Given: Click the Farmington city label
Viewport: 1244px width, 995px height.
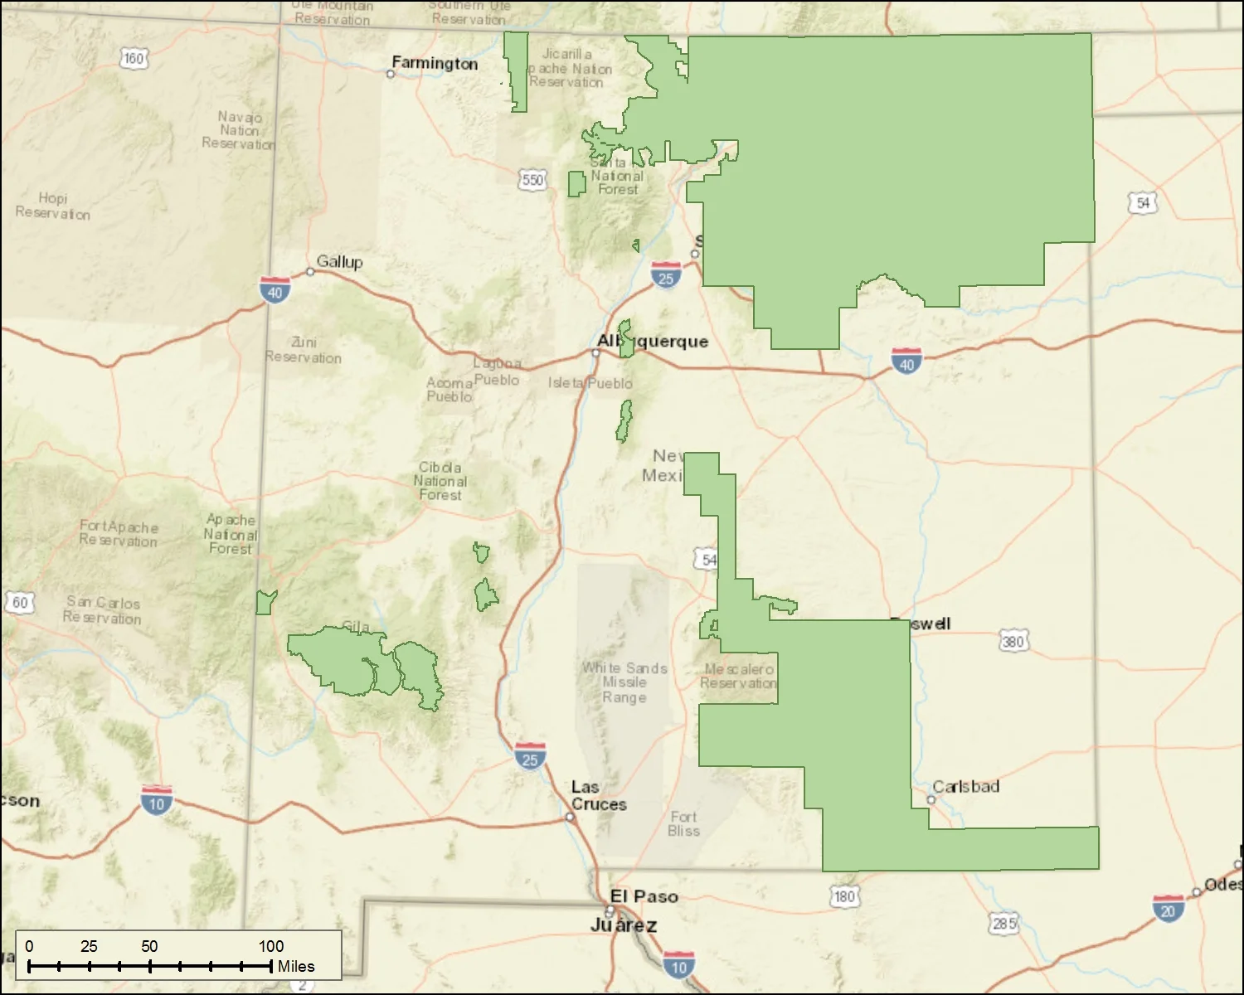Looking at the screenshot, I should point(435,63).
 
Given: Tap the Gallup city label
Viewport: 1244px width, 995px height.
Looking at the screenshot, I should point(339,261).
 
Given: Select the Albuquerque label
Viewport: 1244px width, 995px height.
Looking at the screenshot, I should point(653,341).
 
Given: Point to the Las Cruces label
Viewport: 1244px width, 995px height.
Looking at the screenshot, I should point(598,795).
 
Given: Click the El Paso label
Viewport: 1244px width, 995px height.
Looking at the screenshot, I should point(644,896).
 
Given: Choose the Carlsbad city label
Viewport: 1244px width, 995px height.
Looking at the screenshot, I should point(965,786).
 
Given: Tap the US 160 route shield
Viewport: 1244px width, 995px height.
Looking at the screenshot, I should point(134,58).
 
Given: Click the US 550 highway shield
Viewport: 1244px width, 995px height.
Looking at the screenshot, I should point(532,180).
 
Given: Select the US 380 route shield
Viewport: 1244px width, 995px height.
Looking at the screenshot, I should point(1013,641).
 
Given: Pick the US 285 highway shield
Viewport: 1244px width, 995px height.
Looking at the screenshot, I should point(1003,923).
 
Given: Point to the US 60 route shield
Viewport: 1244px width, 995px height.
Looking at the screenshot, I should point(20,602).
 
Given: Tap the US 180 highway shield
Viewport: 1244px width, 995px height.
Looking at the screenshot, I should point(844,896).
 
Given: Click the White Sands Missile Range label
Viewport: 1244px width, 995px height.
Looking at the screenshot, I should point(624,682).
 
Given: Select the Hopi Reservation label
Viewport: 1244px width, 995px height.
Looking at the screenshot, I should point(52,206).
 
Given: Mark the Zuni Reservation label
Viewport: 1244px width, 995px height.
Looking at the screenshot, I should point(303,350).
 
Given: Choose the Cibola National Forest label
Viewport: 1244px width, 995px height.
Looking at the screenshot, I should point(440,481).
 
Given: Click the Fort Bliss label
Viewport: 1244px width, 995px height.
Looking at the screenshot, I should point(683,823).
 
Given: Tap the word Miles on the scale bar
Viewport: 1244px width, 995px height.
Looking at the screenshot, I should point(296,966).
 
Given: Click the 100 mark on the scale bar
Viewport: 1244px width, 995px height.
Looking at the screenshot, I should point(270,946).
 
